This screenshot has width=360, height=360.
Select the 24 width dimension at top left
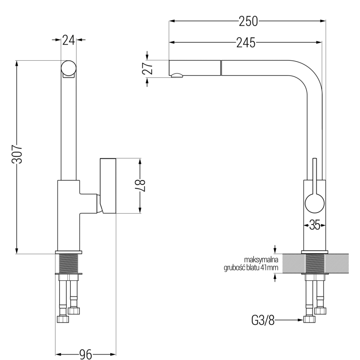[68, 40]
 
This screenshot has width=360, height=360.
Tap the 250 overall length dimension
[248, 21]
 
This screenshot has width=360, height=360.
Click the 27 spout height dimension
[150, 68]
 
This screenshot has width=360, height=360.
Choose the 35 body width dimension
[315, 225]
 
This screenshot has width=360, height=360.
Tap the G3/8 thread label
[262, 320]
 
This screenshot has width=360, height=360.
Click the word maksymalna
[261, 260]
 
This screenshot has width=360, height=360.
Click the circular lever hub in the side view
[315, 203]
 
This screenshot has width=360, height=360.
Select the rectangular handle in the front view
[108, 185]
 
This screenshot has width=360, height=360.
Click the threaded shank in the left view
[68, 263]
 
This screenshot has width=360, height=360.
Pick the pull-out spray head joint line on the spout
[220, 68]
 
